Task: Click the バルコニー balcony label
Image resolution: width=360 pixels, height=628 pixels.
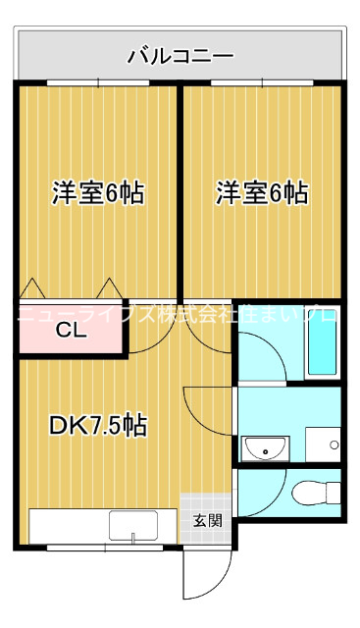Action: click(180, 56)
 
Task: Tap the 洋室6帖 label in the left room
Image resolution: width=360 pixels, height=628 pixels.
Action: click(98, 193)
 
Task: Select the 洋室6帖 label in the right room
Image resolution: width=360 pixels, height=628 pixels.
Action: click(262, 193)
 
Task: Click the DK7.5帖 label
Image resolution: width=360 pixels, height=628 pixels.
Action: click(98, 425)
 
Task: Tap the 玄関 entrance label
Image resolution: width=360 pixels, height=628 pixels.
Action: click(207, 519)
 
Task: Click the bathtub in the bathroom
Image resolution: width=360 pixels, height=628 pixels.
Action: click(322, 343)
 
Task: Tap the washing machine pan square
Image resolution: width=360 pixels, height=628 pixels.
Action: click(323, 444)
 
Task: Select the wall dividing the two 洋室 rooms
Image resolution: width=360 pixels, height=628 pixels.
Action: click(180, 186)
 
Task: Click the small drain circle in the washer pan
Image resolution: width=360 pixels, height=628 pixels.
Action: click(334, 445)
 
